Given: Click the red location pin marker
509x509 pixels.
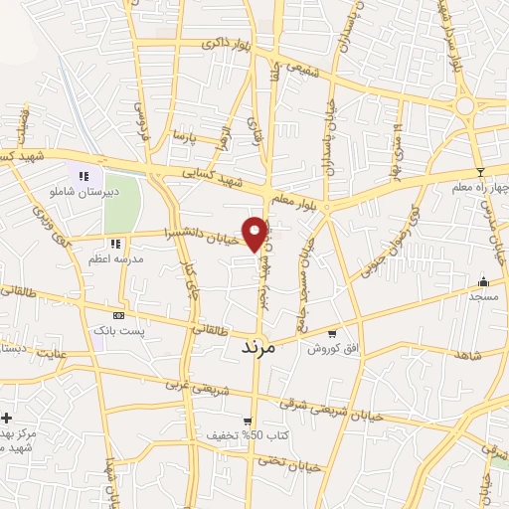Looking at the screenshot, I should pyautogui.click(x=255, y=232).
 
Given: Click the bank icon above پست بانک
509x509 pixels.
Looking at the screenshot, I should pyautogui.click(x=118, y=314).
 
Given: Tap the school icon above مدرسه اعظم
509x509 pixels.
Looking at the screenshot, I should pyautogui.click(x=115, y=243).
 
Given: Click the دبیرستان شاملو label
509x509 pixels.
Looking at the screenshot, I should pyautogui.click(x=86, y=189).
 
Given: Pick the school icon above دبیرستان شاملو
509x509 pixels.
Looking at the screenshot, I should pyautogui.click(x=85, y=175).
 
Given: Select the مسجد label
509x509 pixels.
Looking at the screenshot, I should pyautogui.click(x=483, y=295).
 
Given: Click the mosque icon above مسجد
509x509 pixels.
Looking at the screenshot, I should pyautogui.click(x=484, y=281).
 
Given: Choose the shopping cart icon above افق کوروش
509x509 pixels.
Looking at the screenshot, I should pyautogui.click(x=332, y=335).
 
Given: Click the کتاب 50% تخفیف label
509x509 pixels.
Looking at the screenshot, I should pyautogui.click(x=241, y=435).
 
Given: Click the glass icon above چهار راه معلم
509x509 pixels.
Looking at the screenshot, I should pyautogui.click(x=479, y=172).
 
